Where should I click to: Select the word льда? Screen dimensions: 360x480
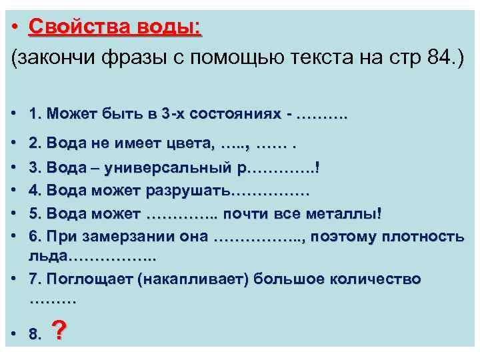47,256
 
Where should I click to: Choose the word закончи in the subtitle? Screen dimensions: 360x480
56,58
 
